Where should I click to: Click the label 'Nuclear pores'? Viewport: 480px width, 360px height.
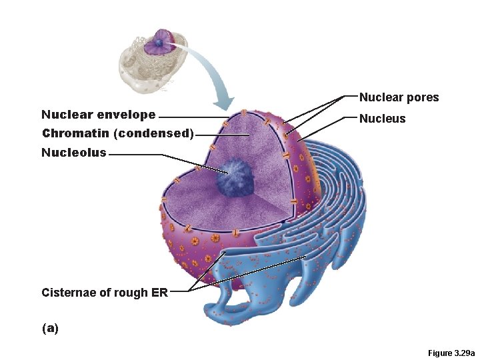tap(399, 97)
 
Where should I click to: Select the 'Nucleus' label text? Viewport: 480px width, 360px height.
tap(382, 119)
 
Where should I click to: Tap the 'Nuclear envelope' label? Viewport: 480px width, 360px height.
tap(98, 115)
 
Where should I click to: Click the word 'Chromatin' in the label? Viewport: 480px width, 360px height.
tap(75, 133)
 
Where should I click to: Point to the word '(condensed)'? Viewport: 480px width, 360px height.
tap(154, 133)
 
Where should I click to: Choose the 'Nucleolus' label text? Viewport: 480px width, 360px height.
tap(73, 153)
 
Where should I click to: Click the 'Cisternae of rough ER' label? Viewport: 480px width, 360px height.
tap(104, 292)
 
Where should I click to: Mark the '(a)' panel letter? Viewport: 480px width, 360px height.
tap(49, 328)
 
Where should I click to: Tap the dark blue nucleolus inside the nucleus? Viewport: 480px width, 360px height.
tap(233, 177)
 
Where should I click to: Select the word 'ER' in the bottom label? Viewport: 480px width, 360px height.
tap(159, 292)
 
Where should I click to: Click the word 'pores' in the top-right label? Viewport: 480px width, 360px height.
tap(424, 97)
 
